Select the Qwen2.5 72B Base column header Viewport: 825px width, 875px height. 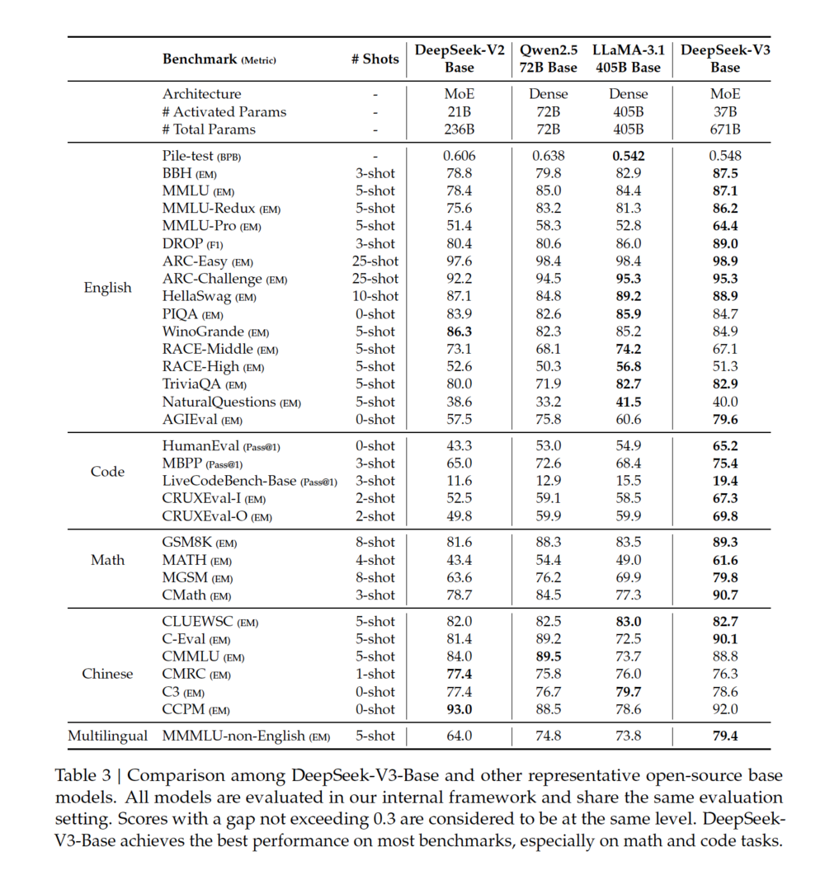[x=549, y=59]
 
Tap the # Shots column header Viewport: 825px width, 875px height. [x=375, y=59]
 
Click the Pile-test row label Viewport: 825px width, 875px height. [x=201, y=156]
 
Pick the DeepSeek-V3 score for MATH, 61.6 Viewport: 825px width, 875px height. [x=724, y=561]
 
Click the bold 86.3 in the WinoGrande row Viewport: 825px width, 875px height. [x=459, y=332]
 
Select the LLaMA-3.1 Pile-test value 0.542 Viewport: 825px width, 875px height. [x=629, y=156]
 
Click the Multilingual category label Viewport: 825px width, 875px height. [x=108, y=736]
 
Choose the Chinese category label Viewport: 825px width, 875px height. [x=107, y=674]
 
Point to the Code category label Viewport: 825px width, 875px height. [x=107, y=473]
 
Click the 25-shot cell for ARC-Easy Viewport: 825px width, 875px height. [x=375, y=261]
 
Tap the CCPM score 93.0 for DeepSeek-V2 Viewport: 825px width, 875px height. [x=459, y=709]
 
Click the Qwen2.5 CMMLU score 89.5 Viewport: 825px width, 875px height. [x=549, y=656]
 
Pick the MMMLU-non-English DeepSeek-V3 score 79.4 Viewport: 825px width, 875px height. [x=724, y=736]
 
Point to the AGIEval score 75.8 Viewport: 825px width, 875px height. [x=549, y=420]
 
